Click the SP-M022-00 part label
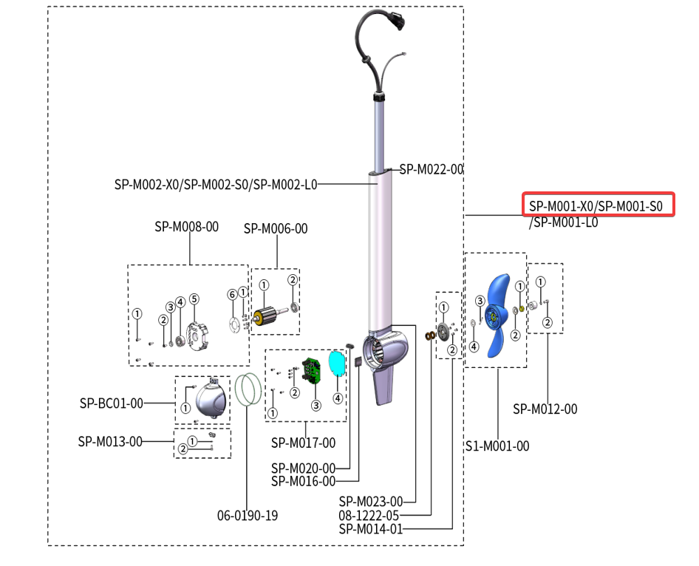click(x=432, y=169)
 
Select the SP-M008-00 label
click(x=186, y=227)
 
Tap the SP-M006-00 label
click(x=276, y=229)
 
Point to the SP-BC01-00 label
click(x=111, y=403)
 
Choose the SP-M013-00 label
click(x=110, y=442)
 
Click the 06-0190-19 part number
click(x=248, y=515)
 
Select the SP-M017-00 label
click(x=303, y=443)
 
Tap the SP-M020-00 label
click(x=303, y=468)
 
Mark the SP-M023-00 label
click(x=371, y=502)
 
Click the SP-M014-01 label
click(x=371, y=528)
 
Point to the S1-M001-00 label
click(x=497, y=446)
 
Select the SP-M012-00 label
click(x=545, y=409)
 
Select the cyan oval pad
click(x=337, y=363)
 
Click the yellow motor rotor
click(x=263, y=317)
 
